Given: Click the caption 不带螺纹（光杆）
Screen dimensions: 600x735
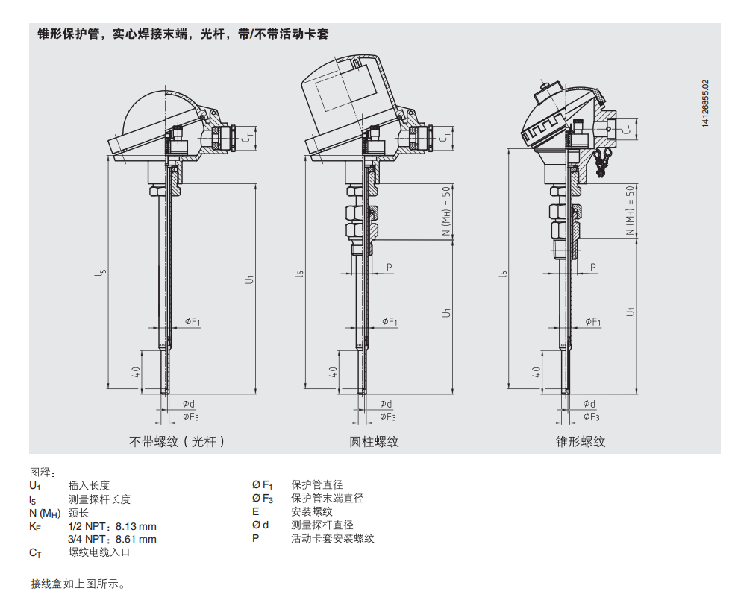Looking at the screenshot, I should point(177,442).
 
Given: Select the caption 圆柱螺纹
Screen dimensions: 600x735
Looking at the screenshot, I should point(375,442).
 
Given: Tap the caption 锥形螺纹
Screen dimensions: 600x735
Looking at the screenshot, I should point(581,442).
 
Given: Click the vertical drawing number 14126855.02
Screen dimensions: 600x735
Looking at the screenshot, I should point(705,105).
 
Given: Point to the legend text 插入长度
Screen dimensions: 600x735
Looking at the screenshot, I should point(89,485).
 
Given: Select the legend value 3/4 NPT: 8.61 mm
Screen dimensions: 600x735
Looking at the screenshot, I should point(112,539).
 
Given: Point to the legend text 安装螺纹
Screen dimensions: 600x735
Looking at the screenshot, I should point(311,512).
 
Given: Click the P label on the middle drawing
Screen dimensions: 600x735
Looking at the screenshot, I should point(390,267).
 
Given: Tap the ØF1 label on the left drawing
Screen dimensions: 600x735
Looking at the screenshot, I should point(192,322).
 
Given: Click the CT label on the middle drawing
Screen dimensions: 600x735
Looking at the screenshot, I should point(442,136).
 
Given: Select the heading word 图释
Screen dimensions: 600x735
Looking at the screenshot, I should point(42,472).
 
